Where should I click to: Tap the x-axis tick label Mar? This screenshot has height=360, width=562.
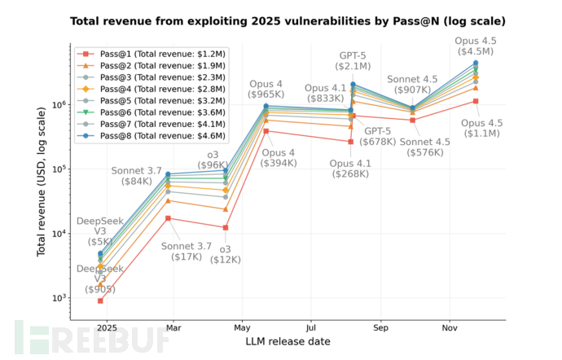pyautogui.click(x=173, y=328)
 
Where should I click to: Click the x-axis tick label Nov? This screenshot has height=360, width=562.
pyautogui.click(x=449, y=328)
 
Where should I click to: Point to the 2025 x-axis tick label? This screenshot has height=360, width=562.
pyautogui.click(x=103, y=328)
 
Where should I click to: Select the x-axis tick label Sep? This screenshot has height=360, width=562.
pyautogui.click(x=381, y=328)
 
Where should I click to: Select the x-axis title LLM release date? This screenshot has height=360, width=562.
pyautogui.click(x=288, y=344)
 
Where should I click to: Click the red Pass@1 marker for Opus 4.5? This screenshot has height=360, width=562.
pyautogui.click(x=476, y=101)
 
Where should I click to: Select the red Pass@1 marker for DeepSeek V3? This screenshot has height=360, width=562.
pyautogui.click(x=100, y=301)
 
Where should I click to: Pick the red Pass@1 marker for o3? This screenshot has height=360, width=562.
pyautogui.click(x=225, y=227)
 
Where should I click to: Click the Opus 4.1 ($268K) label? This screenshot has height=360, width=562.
pyautogui.click(x=350, y=168)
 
